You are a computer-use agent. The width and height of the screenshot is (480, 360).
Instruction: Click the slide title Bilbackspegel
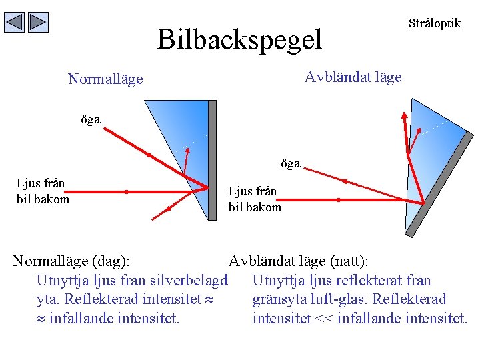239,39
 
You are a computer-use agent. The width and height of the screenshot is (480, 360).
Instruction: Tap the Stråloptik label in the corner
434,23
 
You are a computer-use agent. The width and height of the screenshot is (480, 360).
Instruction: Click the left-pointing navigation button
15,23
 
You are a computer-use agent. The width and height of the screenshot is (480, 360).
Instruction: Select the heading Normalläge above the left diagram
105,79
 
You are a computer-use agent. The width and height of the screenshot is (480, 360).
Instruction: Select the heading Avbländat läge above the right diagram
353,77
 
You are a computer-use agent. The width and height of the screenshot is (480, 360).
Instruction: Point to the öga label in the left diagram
90,120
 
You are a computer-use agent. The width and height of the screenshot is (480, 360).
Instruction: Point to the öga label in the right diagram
290,163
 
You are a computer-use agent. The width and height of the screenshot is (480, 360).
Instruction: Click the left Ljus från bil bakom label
43,190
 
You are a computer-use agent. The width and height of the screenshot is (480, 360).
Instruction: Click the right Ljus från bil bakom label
255,199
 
